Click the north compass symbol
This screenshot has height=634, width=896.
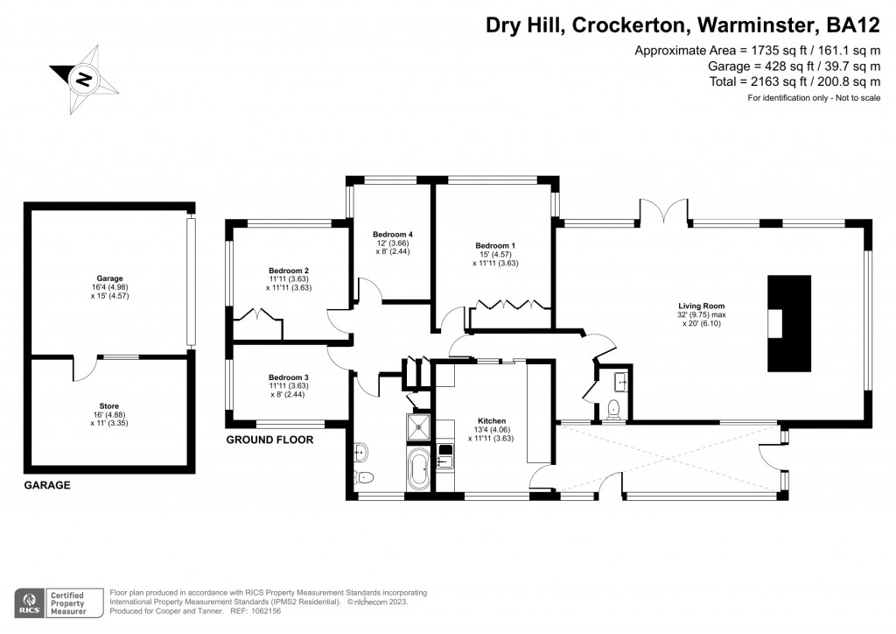[x=83, y=79]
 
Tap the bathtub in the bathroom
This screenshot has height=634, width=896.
[x=417, y=468]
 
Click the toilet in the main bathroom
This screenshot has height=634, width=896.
[x=364, y=477]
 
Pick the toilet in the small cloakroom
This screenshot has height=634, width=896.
[x=614, y=406]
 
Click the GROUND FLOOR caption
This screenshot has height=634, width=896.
[x=269, y=440]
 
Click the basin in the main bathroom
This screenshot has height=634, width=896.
[x=362, y=451]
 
